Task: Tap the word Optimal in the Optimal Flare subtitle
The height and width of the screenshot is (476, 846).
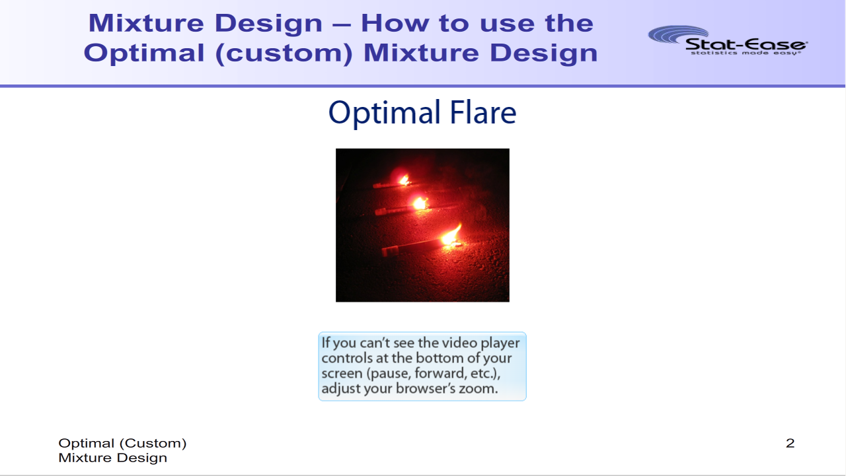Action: tap(385, 114)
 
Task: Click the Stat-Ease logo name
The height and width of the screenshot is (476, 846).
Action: tap(746, 44)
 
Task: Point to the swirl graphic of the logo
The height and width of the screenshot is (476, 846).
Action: tap(678, 34)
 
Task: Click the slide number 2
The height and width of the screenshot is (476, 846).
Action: tap(790, 443)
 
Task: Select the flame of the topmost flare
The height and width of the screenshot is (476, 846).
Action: tap(404, 180)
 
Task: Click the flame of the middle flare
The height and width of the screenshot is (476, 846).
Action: tap(420, 204)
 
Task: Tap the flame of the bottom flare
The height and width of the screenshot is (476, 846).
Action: tap(451, 236)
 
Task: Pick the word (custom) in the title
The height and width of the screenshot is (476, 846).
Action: tap(284, 53)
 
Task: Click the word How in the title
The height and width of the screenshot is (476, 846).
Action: tap(395, 23)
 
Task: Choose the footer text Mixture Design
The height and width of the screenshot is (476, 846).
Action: tap(112, 458)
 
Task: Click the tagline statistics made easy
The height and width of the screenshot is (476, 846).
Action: tap(746, 53)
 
